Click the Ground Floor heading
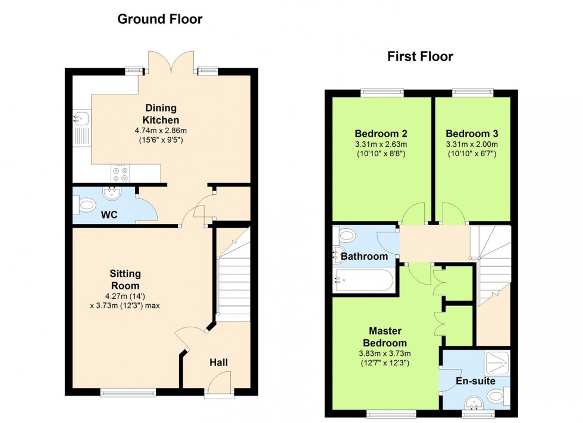pos(159,19)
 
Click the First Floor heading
pos(420,57)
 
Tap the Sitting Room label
pos(125,279)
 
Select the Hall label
pos(218,362)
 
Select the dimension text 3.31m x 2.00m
pos(472,144)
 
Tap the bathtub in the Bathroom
pos(363,280)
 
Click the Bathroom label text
pos(365,257)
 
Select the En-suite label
pos(475,381)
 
